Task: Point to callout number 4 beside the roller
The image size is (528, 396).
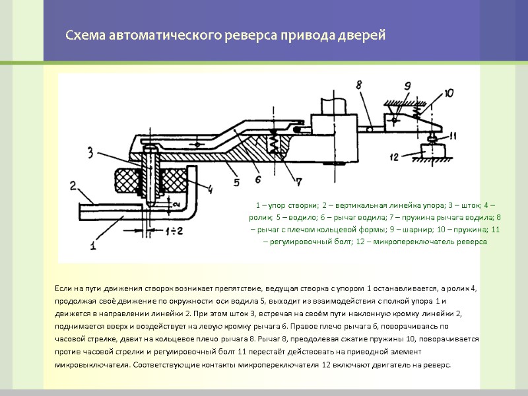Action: pos(210,190)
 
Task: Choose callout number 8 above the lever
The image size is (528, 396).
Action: pos(359,84)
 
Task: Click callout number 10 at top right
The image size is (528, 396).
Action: pos(449,93)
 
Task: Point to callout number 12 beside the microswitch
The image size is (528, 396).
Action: pos(395,156)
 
